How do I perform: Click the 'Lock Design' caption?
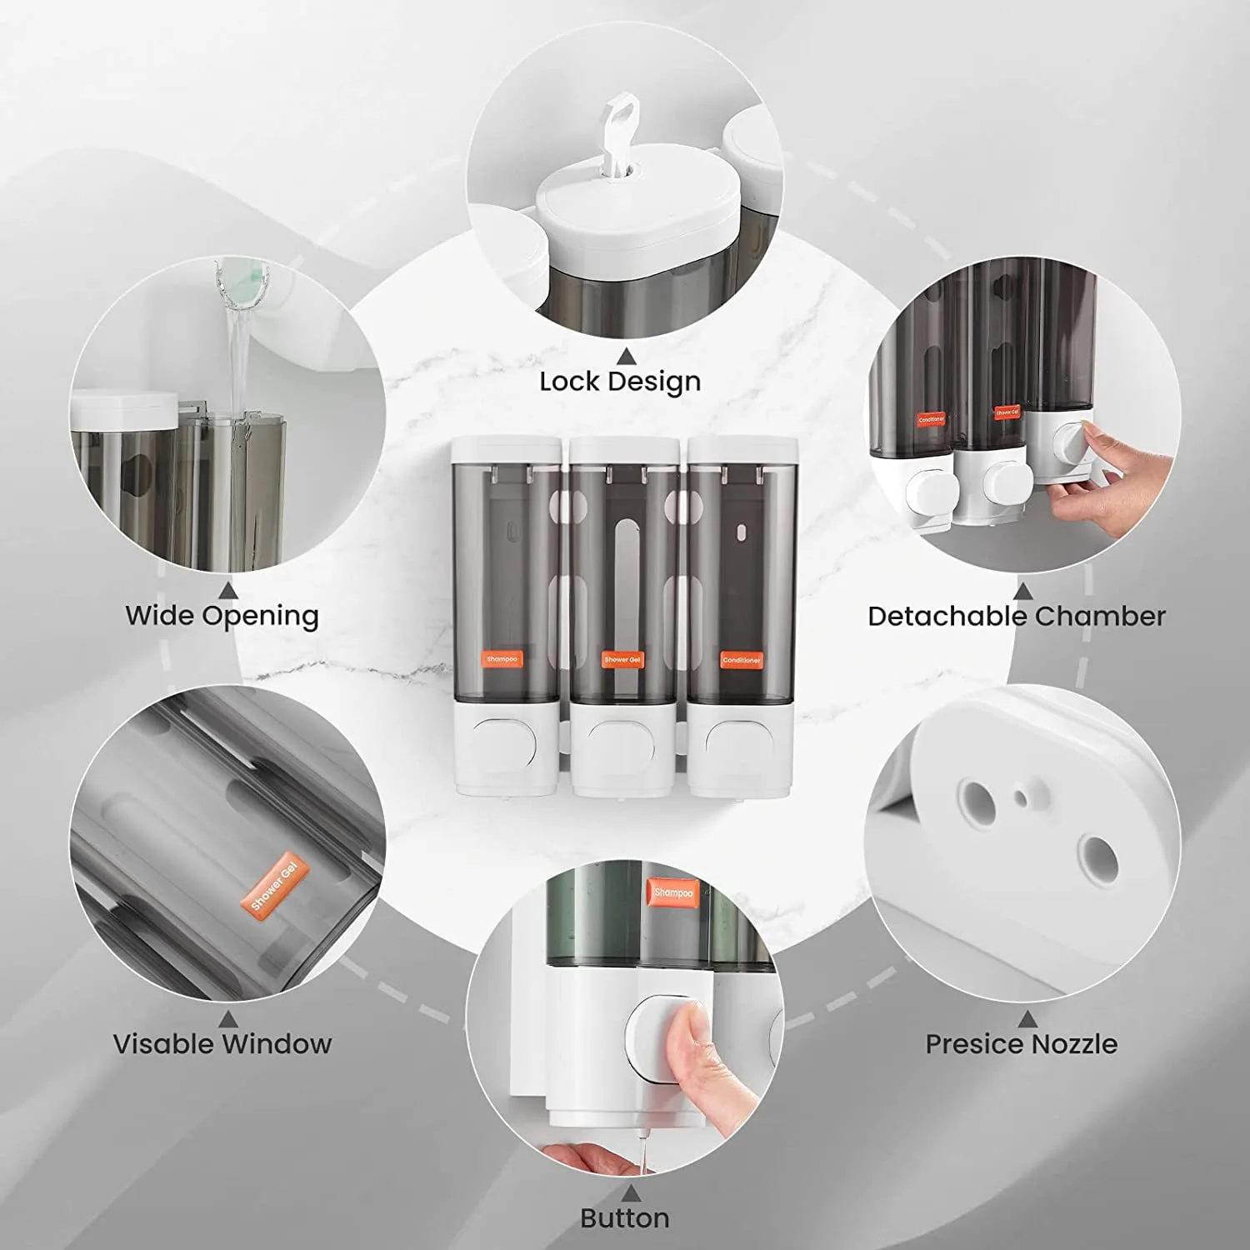coord(620,382)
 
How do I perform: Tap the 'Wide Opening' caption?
coord(222,616)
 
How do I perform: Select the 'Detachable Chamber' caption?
coord(1016,617)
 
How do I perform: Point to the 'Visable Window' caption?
coord(222,1043)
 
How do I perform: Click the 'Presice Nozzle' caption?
coord(1021,1043)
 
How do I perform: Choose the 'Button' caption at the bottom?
coord(624,1218)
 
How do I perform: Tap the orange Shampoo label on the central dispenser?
coord(502,659)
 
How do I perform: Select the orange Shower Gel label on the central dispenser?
coord(622,659)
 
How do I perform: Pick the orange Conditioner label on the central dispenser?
coord(741,660)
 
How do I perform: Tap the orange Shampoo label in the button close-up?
coord(672,892)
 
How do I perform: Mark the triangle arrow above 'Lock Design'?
coord(626,357)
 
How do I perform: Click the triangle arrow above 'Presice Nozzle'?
coord(1027,1019)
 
